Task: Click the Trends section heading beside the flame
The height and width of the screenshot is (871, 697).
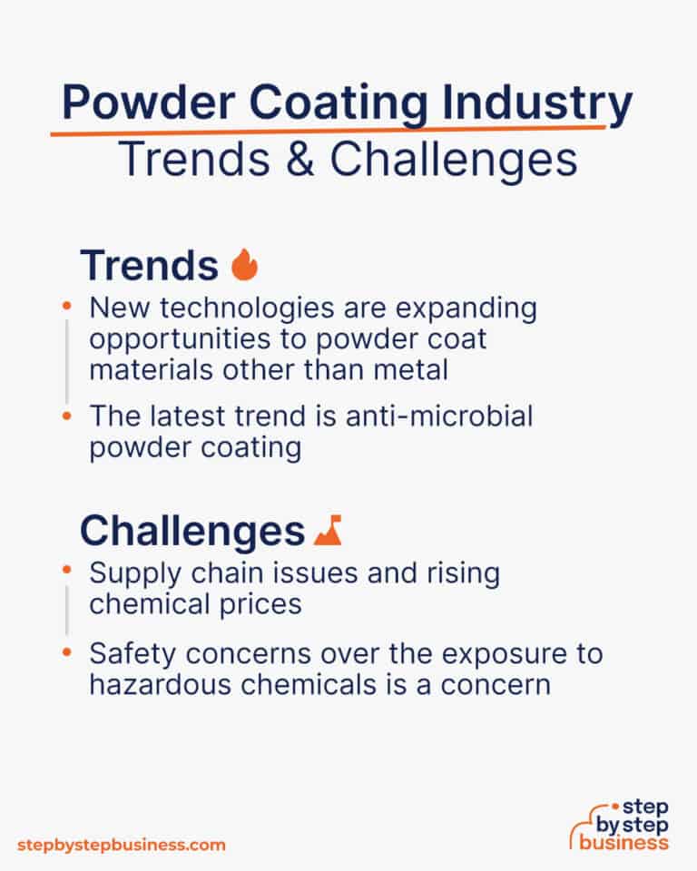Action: [149, 265]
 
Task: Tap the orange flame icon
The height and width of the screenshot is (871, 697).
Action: [244, 265]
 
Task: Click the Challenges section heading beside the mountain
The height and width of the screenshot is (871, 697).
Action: [191, 531]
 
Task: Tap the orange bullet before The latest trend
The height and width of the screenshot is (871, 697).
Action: [66, 416]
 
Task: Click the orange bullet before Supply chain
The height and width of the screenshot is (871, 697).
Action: [66, 573]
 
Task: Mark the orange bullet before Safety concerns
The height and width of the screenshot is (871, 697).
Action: [66, 651]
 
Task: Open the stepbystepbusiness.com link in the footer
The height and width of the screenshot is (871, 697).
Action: [121, 845]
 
